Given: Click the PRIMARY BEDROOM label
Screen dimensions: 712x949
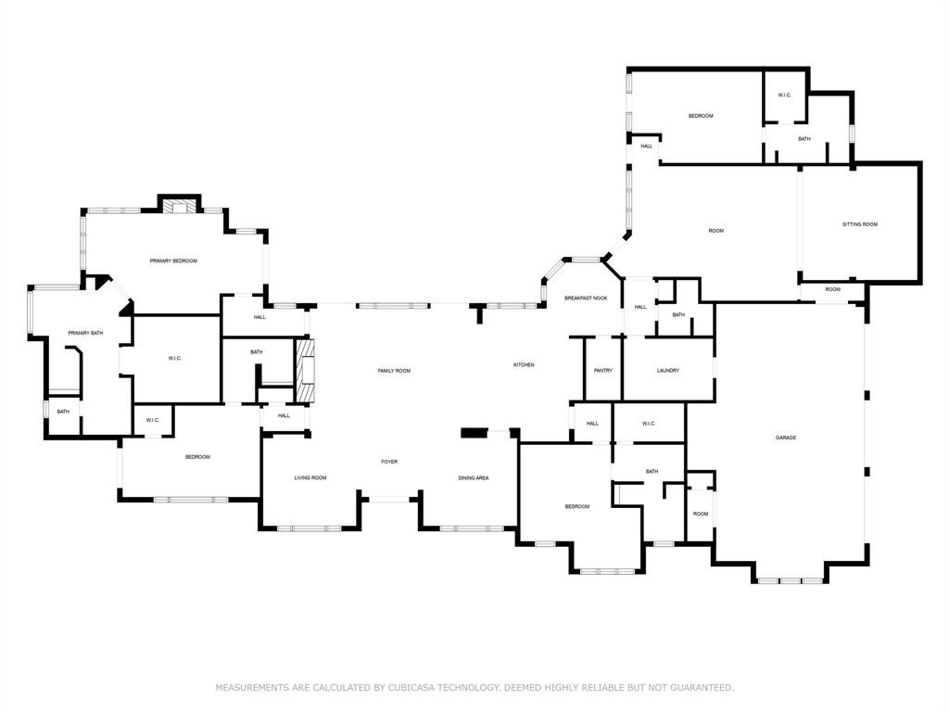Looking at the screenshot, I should [173, 261].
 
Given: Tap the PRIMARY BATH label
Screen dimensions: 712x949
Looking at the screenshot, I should [85, 333].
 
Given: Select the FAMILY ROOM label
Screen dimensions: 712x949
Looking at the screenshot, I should [394, 371].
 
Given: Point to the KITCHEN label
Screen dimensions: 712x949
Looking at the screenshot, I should [524, 364].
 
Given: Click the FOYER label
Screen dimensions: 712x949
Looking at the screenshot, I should [389, 461].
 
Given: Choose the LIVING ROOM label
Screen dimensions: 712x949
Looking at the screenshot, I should [310, 477].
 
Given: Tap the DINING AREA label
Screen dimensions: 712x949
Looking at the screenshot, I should [474, 477].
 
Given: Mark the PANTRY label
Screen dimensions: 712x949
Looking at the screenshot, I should [602, 371].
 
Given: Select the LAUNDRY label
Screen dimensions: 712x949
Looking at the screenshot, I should [668, 371].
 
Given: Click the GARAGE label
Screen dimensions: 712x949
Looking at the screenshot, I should [786, 438].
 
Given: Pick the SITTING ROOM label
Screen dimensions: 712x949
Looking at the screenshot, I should [859, 224].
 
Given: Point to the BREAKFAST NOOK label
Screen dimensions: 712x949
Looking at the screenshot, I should [586, 298].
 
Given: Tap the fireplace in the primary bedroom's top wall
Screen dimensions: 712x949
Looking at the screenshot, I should [180, 206].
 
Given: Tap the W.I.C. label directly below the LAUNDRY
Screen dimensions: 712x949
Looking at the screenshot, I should [649, 424].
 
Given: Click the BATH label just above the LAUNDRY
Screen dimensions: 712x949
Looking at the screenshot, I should [678, 315].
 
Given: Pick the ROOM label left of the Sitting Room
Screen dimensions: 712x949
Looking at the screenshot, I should [715, 231].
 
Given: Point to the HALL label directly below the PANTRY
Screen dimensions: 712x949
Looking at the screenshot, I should [592, 424].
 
